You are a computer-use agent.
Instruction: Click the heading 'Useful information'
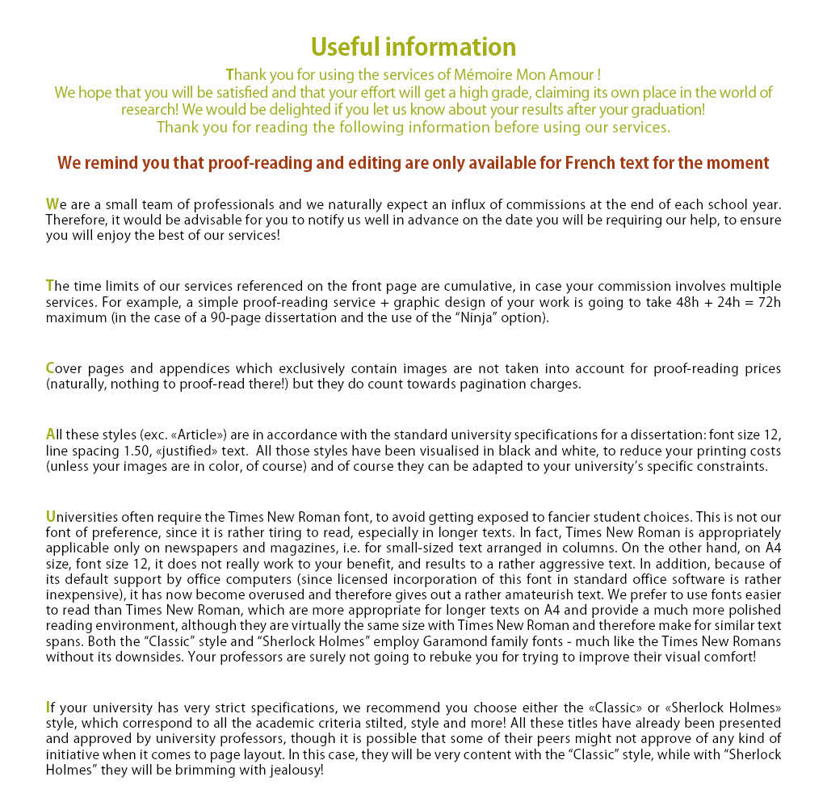coord(413,46)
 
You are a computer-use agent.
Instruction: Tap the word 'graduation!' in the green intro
coord(670,109)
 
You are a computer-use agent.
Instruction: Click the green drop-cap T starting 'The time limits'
coord(50,285)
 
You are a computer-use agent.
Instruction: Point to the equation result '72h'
coord(767,303)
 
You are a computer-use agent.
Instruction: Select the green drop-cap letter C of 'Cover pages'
coord(50,368)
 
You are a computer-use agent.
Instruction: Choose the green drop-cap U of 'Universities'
coord(51,517)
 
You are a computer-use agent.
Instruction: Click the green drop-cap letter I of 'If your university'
coord(48,708)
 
